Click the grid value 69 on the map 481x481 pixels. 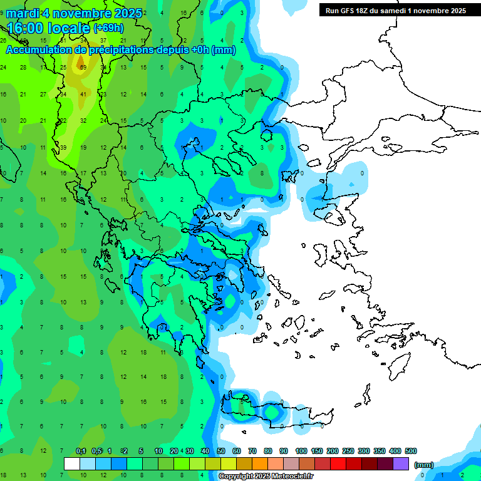click(83, 67)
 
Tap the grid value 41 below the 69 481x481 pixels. click(83, 94)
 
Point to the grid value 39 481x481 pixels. click(63, 147)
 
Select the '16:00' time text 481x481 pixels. click(26, 29)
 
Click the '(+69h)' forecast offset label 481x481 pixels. click(108, 28)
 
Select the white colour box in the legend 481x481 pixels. click(72, 463)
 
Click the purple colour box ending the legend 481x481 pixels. click(401, 463)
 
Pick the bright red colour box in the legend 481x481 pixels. click(338, 463)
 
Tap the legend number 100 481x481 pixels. click(301, 451)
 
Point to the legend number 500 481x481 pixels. click(411, 451)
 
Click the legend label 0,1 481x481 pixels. click(81, 451)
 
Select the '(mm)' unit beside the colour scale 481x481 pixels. click(424, 465)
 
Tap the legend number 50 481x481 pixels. click(221, 451)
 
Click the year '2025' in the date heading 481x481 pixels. click(125, 13)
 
